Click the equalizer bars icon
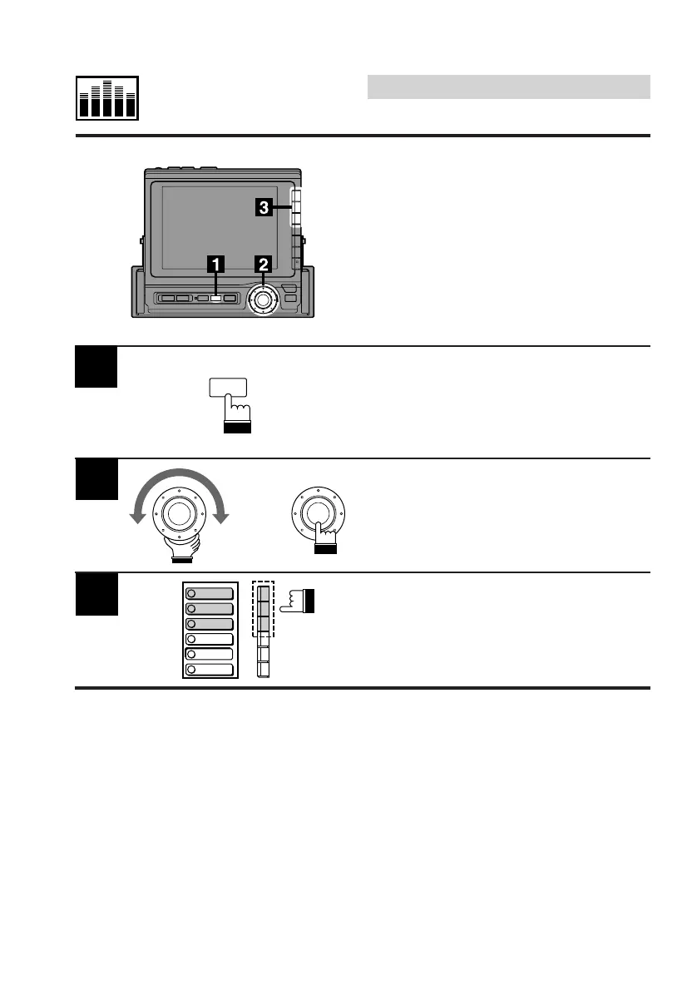coord(108,99)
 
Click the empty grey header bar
coord(508,87)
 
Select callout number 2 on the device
coord(264,265)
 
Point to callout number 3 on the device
coord(263,209)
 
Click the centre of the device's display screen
coord(220,226)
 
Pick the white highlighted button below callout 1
coord(215,297)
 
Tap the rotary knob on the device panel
coord(264,299)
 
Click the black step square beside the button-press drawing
coord(96,368)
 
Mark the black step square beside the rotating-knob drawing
coord(96,479)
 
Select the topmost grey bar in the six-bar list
coord(210,594)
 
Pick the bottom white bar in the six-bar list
coord(210,669)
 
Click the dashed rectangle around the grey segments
coord(263,610)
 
